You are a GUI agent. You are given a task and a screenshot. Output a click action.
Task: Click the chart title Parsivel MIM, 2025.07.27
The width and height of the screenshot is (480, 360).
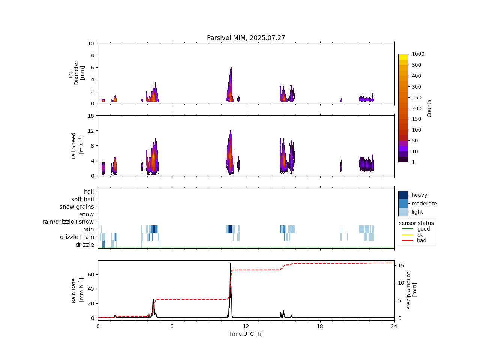[246, 38]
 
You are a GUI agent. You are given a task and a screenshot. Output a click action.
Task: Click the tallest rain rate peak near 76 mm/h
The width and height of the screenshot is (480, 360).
[230, 263]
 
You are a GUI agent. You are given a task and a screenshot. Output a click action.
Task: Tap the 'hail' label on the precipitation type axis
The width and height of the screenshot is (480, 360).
[89, 192]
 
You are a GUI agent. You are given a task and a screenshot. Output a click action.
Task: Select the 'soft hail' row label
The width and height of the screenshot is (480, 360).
[82, 199]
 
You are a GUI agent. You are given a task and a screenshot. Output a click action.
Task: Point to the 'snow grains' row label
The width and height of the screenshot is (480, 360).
[77, 207]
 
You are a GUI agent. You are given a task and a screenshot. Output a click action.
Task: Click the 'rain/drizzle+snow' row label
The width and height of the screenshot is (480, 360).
[68, 222]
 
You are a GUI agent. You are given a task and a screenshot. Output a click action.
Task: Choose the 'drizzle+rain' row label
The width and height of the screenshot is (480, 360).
[77, 237]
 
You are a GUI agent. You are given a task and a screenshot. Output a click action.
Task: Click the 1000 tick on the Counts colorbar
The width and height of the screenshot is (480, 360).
[418, 54]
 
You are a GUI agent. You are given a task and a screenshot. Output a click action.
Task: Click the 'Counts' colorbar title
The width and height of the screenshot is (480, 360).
[429, 108]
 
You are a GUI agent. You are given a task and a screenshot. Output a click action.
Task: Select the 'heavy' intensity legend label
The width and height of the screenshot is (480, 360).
[419, 195]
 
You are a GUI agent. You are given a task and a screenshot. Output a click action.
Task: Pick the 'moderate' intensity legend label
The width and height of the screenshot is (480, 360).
[424, 204]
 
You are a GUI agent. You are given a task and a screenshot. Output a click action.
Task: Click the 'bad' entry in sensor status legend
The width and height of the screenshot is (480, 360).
[421, 241]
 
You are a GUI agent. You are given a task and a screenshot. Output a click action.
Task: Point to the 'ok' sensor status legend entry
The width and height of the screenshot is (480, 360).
[420, 235]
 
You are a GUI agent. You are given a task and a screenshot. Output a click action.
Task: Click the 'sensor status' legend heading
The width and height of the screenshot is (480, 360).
[416, 223]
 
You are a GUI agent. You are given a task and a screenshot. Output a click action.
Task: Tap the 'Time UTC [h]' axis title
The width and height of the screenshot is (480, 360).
[246, 334]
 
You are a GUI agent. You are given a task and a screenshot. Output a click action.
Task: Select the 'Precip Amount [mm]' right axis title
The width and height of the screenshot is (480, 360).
[411, 291]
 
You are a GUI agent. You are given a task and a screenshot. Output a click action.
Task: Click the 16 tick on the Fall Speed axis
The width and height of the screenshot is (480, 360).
[90, 116]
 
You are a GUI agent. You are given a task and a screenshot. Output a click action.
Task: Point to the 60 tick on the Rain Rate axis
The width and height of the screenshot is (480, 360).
[90, 274]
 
